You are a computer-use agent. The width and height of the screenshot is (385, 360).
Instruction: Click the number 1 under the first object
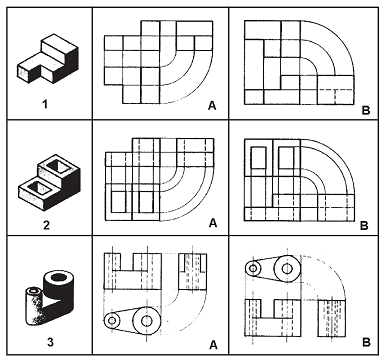(x=45, y=105)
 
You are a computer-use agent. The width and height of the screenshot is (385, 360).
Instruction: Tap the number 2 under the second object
(x=46, y=225)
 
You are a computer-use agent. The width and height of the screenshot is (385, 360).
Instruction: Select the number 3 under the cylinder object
(x=50, y=342)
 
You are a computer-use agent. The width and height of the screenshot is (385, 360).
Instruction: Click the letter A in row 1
(x=212, y=105)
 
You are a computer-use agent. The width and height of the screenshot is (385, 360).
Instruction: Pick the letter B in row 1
(x=366, y=110)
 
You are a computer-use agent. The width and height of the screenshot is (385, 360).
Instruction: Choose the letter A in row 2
(x=213, y=223)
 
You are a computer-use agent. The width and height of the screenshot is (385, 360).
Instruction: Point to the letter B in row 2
(x=364, y=225)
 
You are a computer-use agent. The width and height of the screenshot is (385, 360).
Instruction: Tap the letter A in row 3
(x=213, y=345)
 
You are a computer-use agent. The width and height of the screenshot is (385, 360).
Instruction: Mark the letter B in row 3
(x=366, y=342)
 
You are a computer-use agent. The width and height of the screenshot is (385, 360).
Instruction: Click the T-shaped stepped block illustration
(x=48, y=59)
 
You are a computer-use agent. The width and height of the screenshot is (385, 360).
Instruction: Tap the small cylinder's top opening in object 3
(x=34, y=291)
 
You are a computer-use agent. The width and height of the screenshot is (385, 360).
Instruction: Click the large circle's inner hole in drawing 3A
(x=146, y=321)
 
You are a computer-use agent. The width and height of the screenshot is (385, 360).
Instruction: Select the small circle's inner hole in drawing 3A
(x=112, y=320)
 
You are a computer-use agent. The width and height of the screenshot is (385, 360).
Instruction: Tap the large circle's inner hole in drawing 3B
(x=287, y=268)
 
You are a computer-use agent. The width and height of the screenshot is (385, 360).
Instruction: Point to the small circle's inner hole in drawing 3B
(x=253, y=268)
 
